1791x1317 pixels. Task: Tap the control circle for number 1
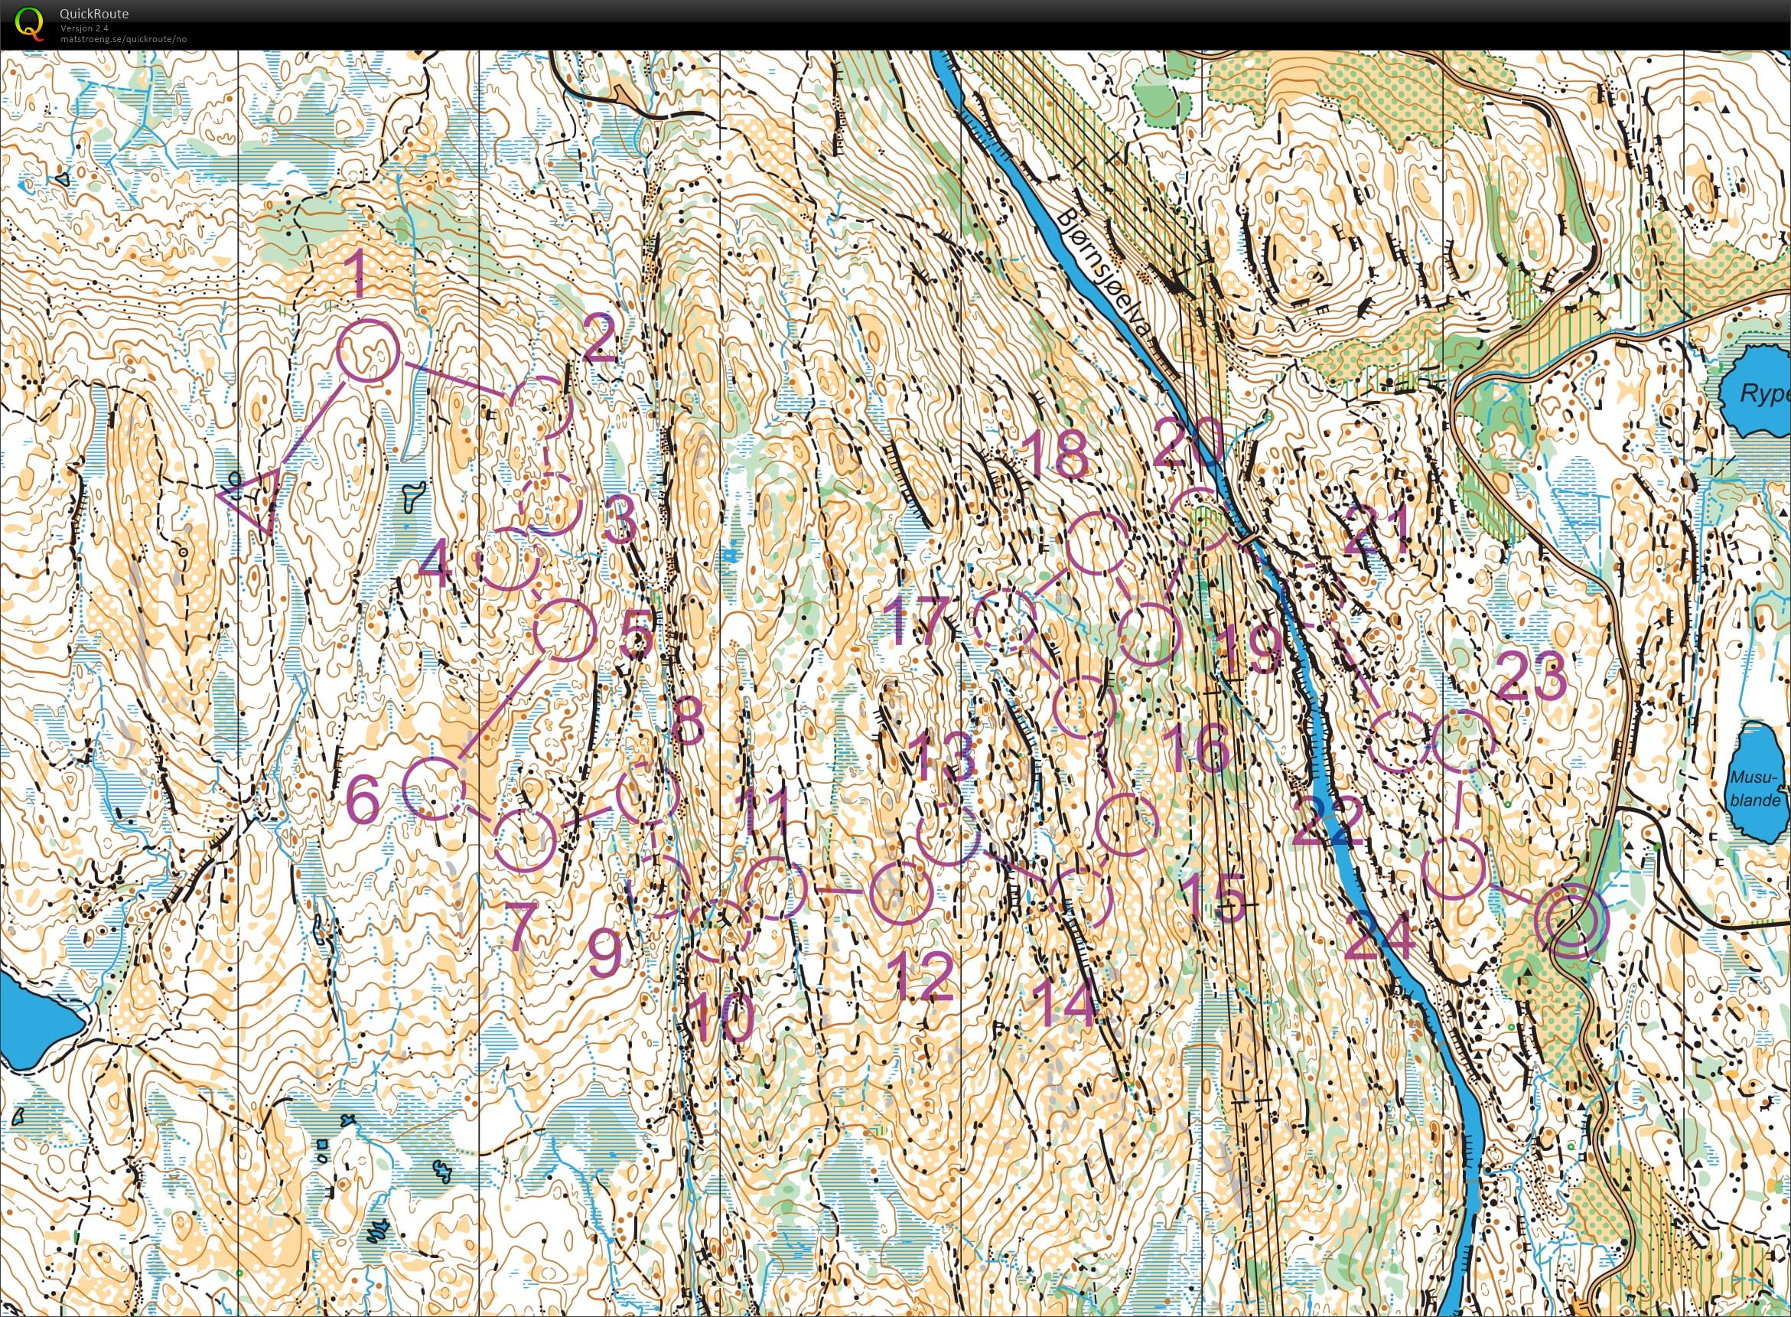(367, 351)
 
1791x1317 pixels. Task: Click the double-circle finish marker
(1571, 920)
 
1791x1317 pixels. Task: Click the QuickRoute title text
(94, 14)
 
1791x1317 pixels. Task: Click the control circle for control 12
(900, 893)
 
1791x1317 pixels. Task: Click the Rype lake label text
(1763, 395)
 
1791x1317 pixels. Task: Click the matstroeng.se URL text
(123, 39)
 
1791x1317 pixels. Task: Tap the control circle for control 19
(1148, 634)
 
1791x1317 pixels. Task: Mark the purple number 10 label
(721, 1018)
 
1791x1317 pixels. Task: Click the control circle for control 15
(1126, 825)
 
